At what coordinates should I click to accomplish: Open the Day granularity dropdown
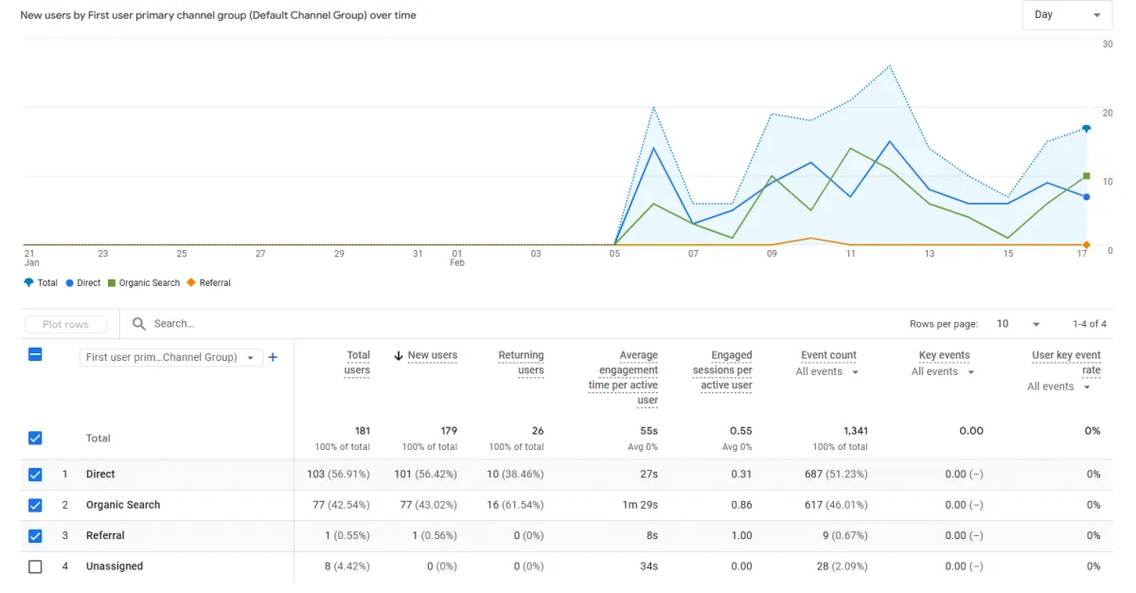(1067, 15)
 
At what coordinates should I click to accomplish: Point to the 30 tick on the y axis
(1107, 44)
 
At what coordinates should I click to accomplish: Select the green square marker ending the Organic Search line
(1087, 176)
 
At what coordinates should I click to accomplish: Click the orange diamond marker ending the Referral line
(1087, 245)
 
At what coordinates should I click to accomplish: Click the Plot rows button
(65, 324)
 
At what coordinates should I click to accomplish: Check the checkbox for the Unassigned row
(35, 566)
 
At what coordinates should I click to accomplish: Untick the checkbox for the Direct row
(35, 475)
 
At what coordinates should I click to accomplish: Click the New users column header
(432, 355)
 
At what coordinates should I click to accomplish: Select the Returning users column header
(521, 362)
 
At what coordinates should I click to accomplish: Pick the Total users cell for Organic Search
(340, 505)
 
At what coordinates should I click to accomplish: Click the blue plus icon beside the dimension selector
(273, 357)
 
